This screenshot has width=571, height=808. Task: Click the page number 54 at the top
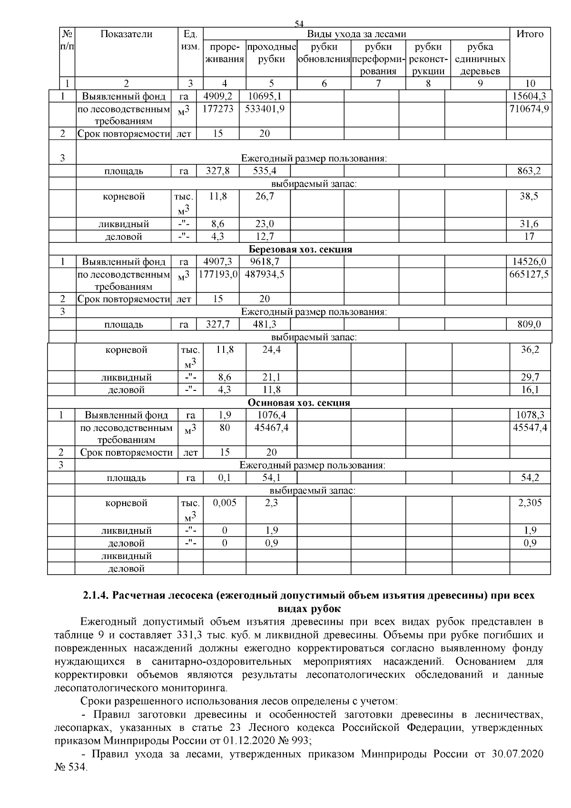coord(299,24)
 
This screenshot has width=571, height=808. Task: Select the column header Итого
coord(530,34)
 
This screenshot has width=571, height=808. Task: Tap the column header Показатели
coord(127,34)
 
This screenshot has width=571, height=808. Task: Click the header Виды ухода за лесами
coord(356,34)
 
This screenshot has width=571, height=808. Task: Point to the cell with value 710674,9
coord(529,109)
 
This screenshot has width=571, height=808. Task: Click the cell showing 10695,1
coord(265,97)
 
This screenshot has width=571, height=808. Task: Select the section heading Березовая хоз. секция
coord(300,249)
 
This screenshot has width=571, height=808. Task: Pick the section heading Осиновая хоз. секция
coord(299,403)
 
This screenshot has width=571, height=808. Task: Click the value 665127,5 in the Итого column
coord(529,274)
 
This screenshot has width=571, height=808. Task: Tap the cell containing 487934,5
coord(265,274)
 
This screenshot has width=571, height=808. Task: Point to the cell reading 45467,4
coord(271,428)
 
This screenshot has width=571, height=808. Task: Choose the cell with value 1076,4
coord(271,415)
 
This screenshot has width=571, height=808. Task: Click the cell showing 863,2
coord(529,171)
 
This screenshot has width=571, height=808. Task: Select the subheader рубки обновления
coord(324,53)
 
